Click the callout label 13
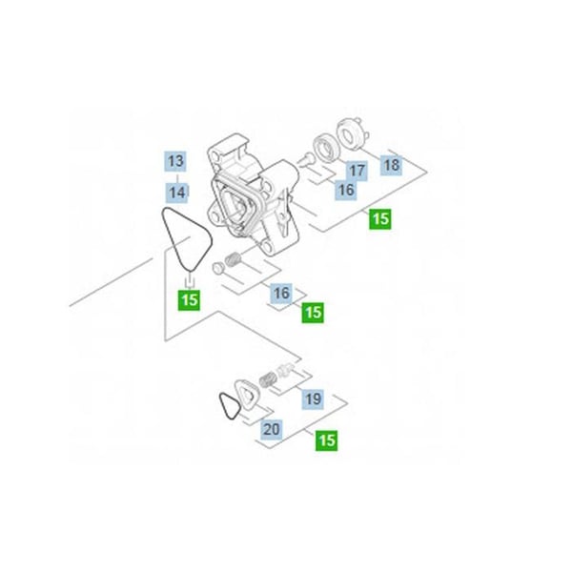(176, 161)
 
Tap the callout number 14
(177, 193)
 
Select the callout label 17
(357, 171)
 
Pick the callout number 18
(392, 165)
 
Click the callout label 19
(313, 398)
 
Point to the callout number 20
(272, 429)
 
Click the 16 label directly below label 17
(346, 190)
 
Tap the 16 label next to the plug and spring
(281, 293)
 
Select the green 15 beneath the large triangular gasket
(189, 300)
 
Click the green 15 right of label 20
(326, 440)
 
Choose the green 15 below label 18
(380, 219)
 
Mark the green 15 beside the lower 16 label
(313, 313)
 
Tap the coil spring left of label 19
(267, 380)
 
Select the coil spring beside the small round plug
(233, 259)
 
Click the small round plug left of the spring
(217, 268)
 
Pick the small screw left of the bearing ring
(305, 159)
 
